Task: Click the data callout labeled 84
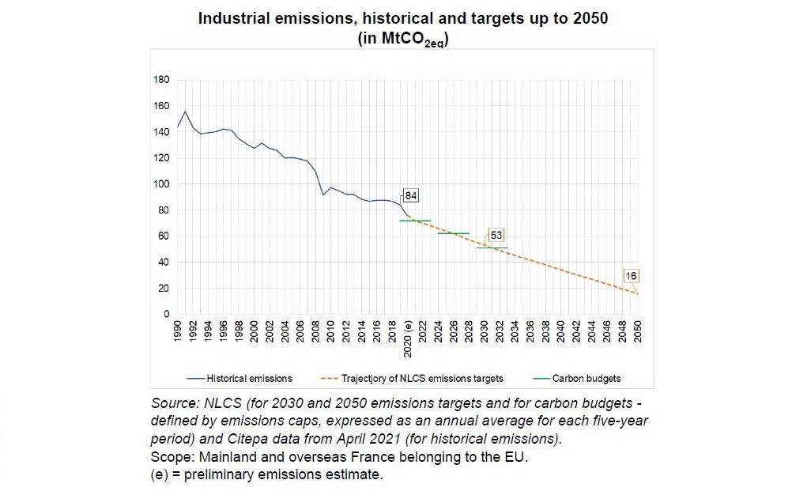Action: (410, 195)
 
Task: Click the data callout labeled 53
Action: (496, 235)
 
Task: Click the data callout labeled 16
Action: (631, 276)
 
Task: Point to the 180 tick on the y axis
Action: (160, 80)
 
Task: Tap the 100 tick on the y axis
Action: (160, 184)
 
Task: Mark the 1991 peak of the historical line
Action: (186, 111)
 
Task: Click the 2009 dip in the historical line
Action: (323, 195)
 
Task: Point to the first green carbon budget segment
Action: (415, 221)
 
